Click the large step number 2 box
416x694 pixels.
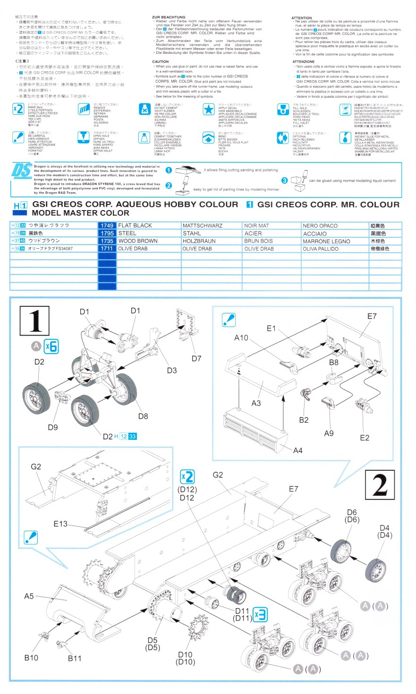(380, 485)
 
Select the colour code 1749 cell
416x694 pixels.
(107, 226)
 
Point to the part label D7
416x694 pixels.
(196, 358)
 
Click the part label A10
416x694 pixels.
(241, 338)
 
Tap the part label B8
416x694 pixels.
(334, 362)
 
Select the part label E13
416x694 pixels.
(60, 524)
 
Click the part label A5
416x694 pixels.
(29, 596)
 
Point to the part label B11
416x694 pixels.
(74, 658)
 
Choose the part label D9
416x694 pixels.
(52, 427)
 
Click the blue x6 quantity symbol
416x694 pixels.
(51, 346)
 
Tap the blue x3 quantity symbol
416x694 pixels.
(260, 614)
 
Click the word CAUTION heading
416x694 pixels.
(160, 62)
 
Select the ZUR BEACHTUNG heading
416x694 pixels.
(169, 17)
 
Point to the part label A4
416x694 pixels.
(297, 450)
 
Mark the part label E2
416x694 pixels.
(365, 438)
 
